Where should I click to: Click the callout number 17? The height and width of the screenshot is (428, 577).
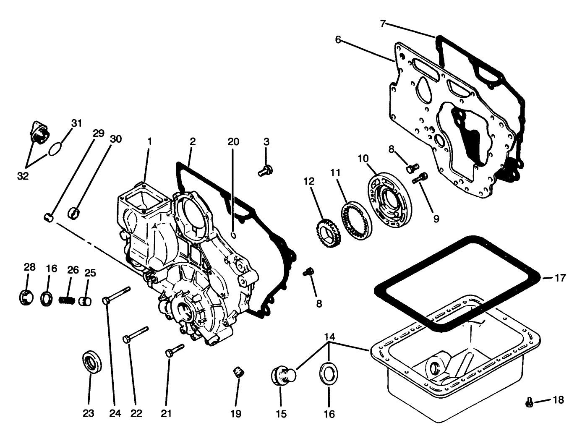click(560, 278)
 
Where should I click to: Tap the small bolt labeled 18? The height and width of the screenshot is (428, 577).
click(529, 403)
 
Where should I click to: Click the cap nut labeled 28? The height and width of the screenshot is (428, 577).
click(26, 297)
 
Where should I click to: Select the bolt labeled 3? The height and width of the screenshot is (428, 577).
click(265, 170)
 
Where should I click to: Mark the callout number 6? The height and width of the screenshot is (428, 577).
click(338, 40)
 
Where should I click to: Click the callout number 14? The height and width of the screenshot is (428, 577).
click(330, 337)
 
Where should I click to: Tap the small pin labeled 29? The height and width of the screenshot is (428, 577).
click(48, 217)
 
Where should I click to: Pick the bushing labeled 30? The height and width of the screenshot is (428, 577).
click(74, 213)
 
